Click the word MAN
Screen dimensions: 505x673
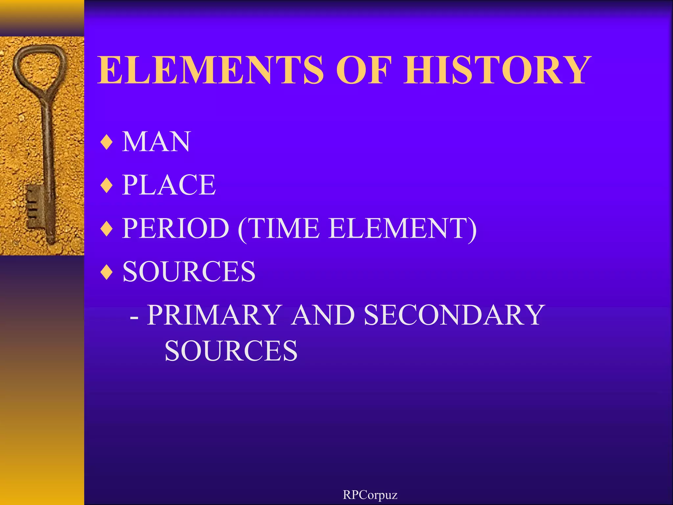(156, 142)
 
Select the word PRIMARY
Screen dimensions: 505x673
(214, 315)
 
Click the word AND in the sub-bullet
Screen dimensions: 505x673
(323, 315)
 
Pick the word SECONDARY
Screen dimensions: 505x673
(453, 315)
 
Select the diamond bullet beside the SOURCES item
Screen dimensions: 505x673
(107, 273)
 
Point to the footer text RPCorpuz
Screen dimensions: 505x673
(370, 495)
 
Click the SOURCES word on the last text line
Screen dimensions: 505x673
(231, 351)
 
